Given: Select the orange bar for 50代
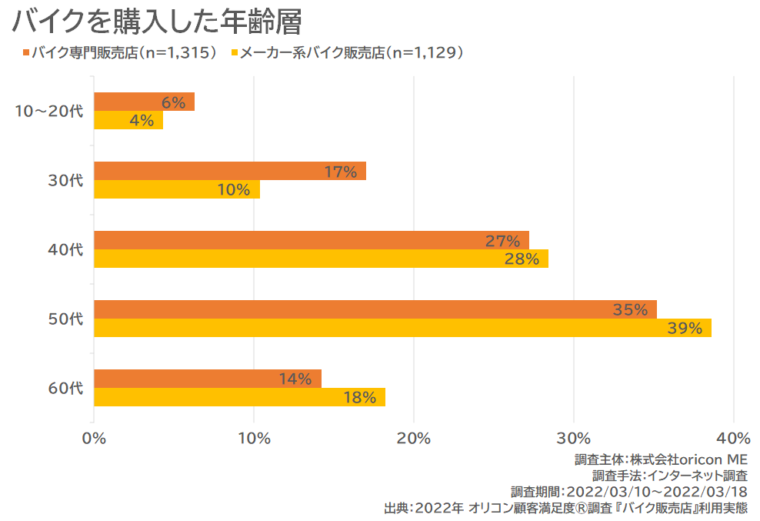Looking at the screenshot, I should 375,309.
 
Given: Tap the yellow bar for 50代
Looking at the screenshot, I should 402,328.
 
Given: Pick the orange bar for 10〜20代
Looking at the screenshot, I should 144,102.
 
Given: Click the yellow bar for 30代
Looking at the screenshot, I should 177,189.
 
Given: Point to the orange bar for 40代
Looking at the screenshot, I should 311,240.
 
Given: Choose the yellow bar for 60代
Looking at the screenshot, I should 239,397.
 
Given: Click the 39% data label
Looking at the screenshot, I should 685,329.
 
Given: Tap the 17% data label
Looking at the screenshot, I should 340,172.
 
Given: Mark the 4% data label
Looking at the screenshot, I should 142,121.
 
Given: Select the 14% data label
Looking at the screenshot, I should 295,379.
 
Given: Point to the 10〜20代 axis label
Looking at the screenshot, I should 48,111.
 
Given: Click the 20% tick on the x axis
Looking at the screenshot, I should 414,439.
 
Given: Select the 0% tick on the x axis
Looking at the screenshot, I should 94,439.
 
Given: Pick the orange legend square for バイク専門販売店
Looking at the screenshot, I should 26,53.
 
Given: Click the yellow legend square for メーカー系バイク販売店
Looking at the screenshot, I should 233,53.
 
